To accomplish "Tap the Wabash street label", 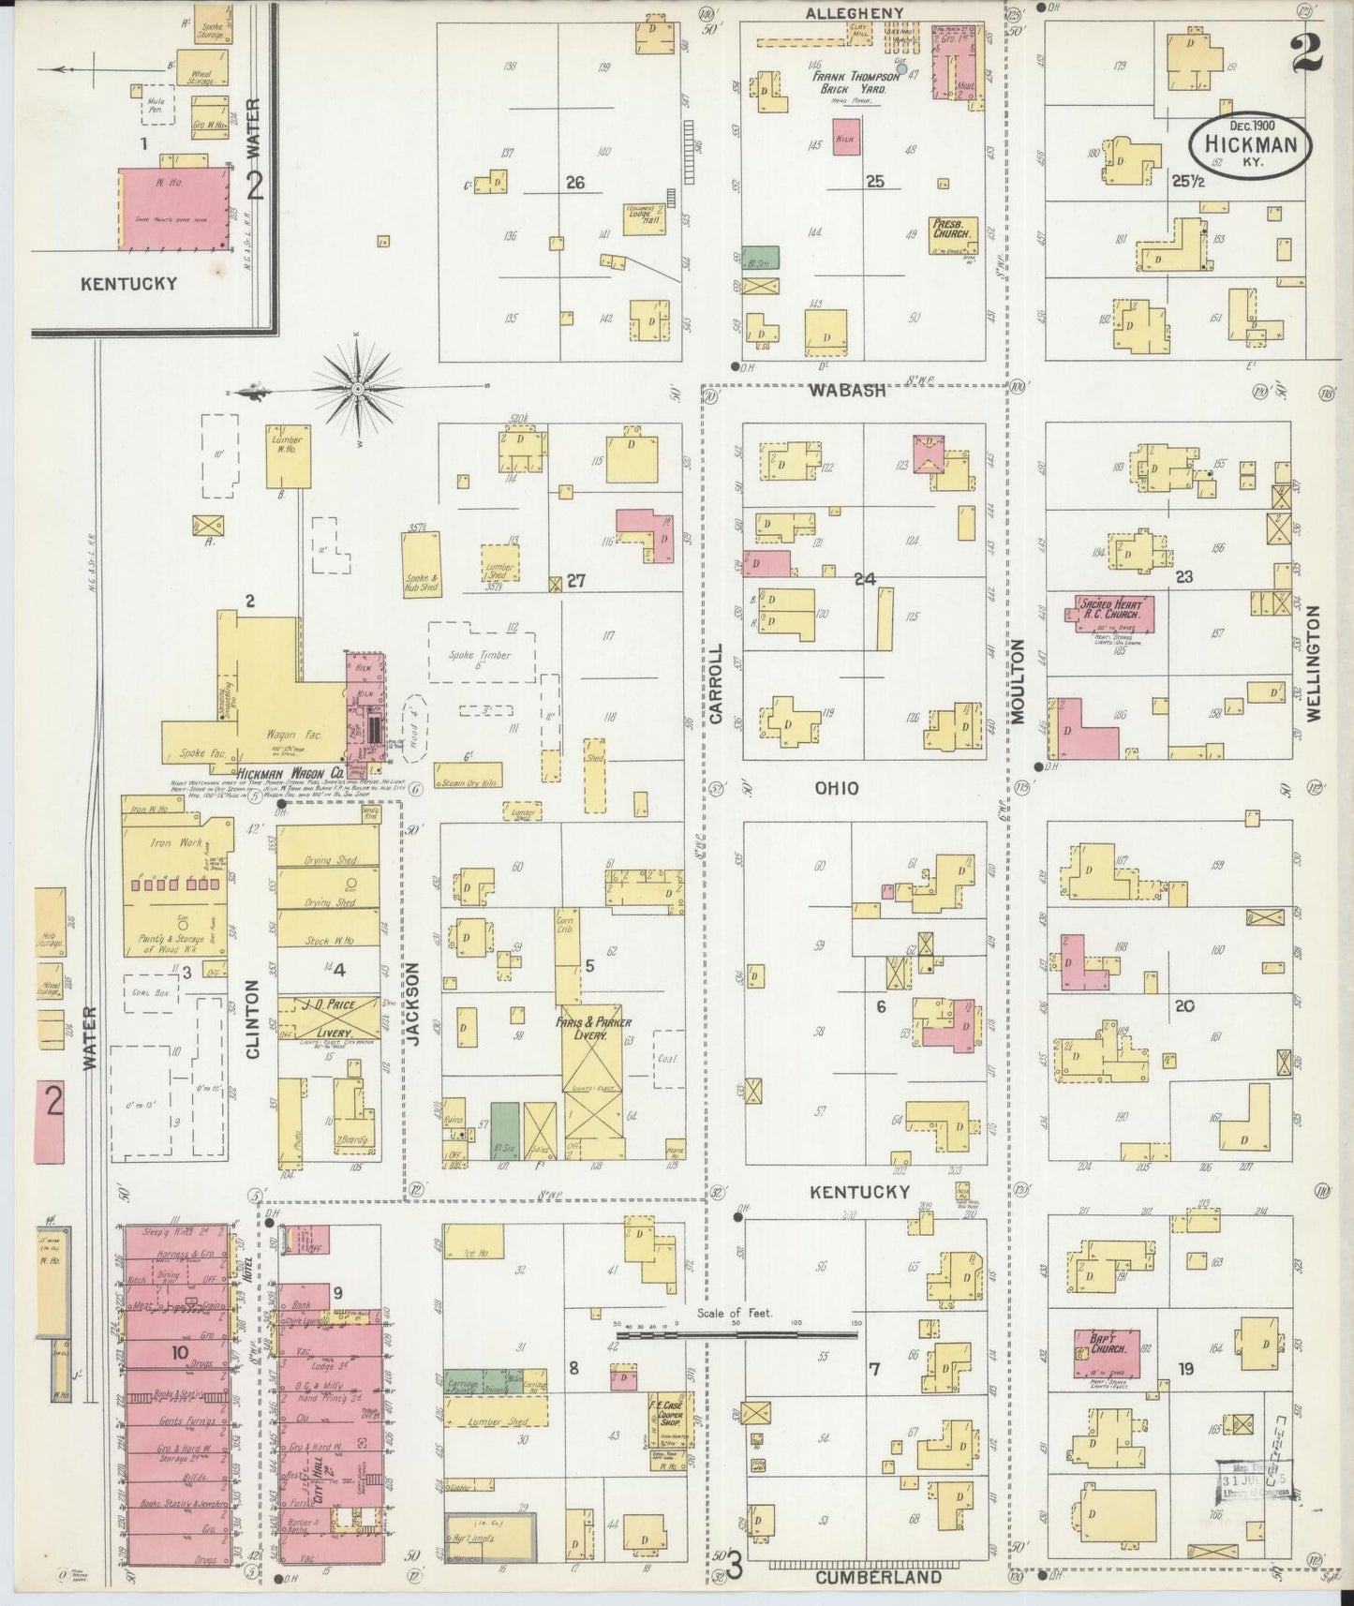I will click(x=848, y=391).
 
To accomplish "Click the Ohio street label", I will click(x=836, y=789).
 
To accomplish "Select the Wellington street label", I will click(x=1312, y=662).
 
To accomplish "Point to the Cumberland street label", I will click(x=877, y=1577).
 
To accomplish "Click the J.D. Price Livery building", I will click(x=328, y=1019).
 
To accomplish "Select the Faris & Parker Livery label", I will click(x=593, y=1029).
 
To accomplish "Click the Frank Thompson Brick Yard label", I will click(x=855, y=82).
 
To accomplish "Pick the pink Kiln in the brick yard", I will click(x=847, y=136).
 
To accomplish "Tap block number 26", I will click(x=574, y=183).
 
